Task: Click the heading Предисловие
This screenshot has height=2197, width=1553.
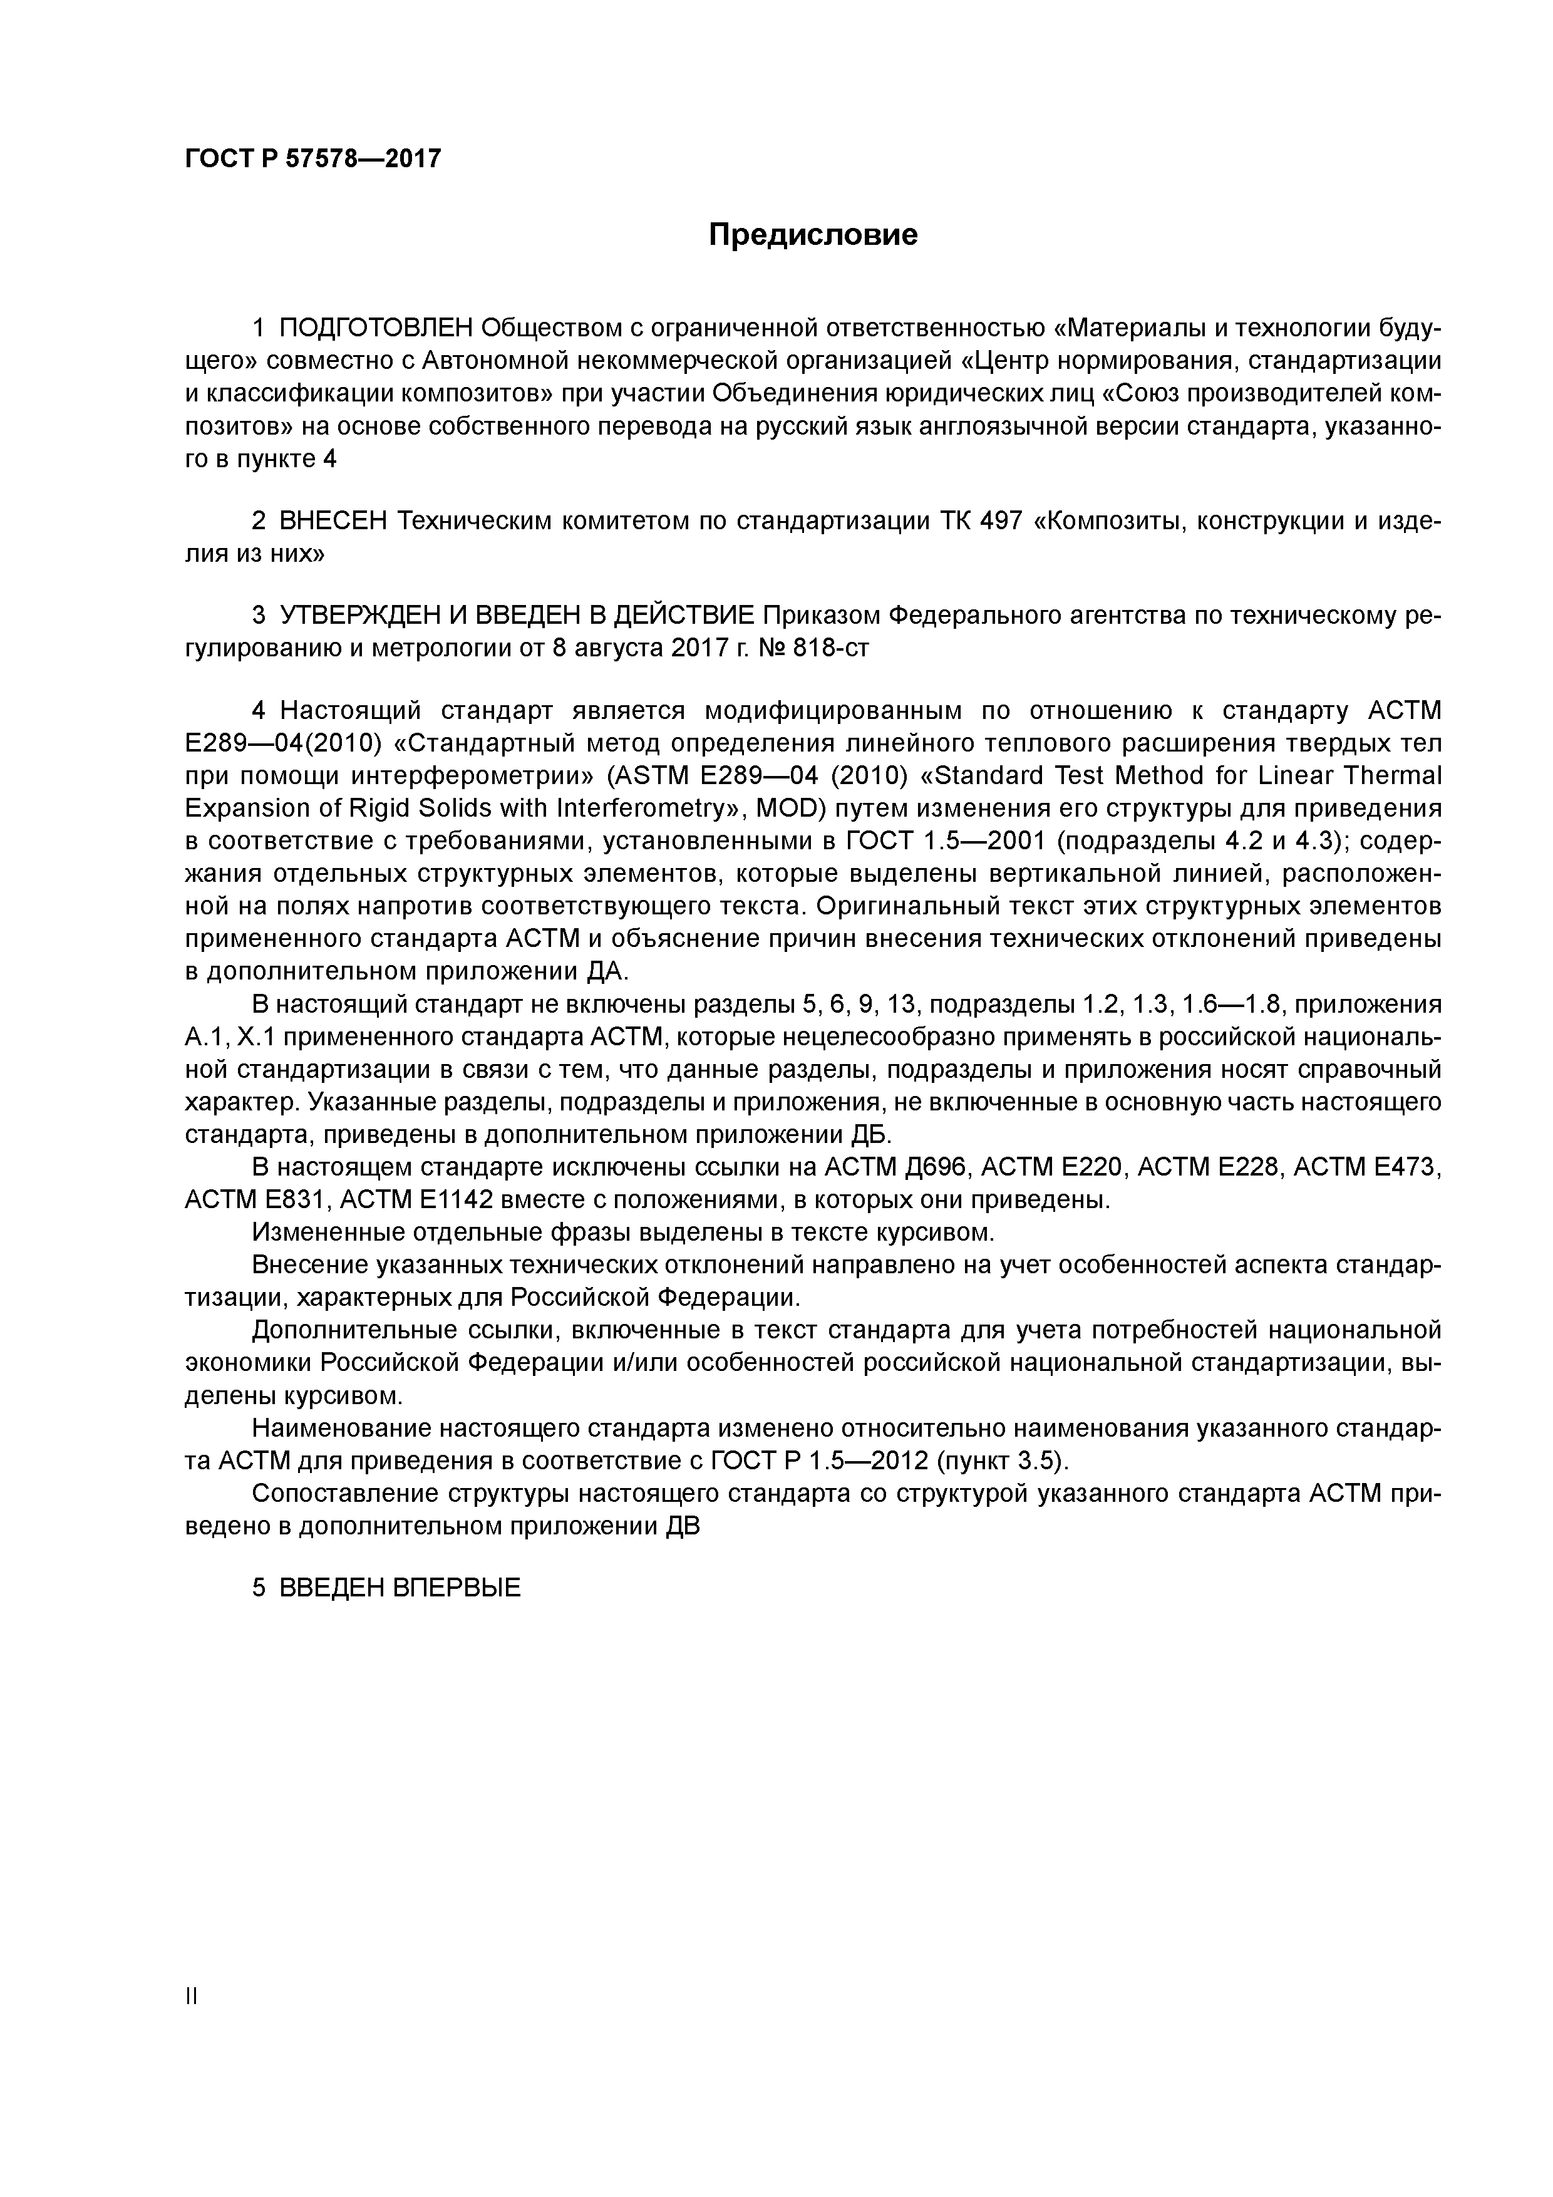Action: point(812,234)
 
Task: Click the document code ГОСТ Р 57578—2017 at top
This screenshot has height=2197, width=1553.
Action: point(313,158)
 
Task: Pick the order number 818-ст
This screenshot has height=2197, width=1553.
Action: point(830,648)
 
